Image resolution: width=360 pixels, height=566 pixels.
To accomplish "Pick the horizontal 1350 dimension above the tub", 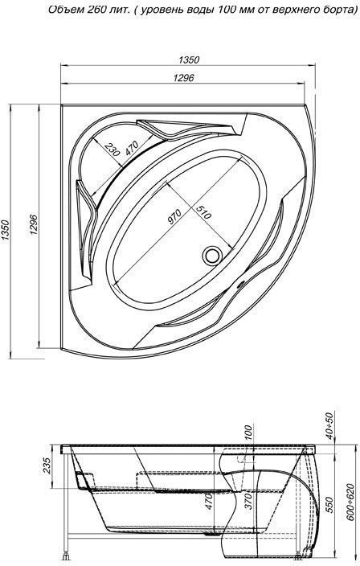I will point(190,60).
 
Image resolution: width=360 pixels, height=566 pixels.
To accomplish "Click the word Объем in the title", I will point(67,10).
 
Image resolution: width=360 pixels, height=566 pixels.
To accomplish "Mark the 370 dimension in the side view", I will point(249,502).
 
